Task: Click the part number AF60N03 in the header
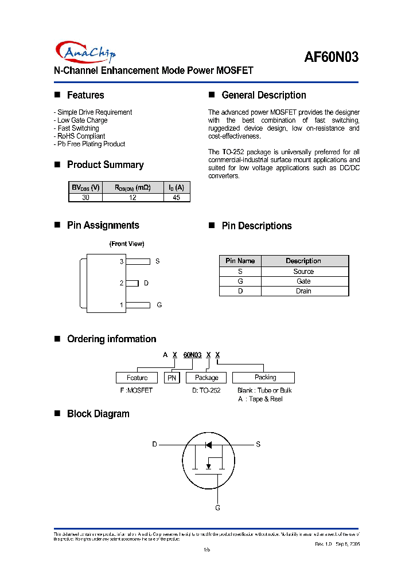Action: tap(331, 57)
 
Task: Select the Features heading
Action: tap(85, 95)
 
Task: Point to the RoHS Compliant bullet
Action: tap(80, 136)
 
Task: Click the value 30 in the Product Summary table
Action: tap(85, 197)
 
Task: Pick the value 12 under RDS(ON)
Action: tap(133, 197)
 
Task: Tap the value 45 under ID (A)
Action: tap(176, 197)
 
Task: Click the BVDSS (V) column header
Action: tap(85, 187)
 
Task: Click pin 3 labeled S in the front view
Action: tap(138, 261)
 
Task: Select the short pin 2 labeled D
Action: tap(132, 283)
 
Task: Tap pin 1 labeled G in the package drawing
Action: tap(138, 305)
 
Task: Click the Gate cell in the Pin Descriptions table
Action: tap(303, 281)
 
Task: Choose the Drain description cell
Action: tap(303, 291)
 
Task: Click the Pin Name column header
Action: tap(240, 261)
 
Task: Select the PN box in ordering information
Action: tap(172, 378)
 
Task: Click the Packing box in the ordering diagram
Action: tap(266, 378)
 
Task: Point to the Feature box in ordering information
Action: tap(137, 378)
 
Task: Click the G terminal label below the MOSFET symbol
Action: tap(217, 508)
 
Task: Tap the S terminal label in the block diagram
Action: tap(258, 444)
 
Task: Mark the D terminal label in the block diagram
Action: tap(154, 444)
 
